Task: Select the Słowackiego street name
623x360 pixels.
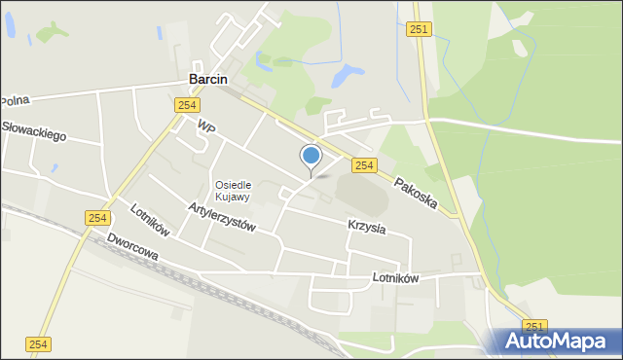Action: pyautogui.click(x=34, y=131)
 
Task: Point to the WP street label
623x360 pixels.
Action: pyautogui.click(x=205, y=127)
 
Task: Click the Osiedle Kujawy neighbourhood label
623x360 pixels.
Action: pyautogui.click(x=233, y=191)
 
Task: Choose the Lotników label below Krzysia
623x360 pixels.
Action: pyautogui.click(x=395, y=278)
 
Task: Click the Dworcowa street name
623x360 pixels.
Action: pyautogui.click(x=132, y=248)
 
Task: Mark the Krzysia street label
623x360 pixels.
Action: pyautogui.click(x=367, y=227)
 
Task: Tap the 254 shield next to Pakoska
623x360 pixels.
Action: pyautogui.click(x=364, y=166)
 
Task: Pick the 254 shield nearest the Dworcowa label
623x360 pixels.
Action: pyautogui.click(x=96, y=219)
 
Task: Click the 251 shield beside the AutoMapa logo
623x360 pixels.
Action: pyautogui.click(x=534, y=326)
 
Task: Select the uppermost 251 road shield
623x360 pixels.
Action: pyautogui.click(x=420, y=30)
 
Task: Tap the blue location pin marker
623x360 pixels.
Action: pyautogui.click(x=311, y=157)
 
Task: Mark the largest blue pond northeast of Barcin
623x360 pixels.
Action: pyautogui.click(x=346, y=74)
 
